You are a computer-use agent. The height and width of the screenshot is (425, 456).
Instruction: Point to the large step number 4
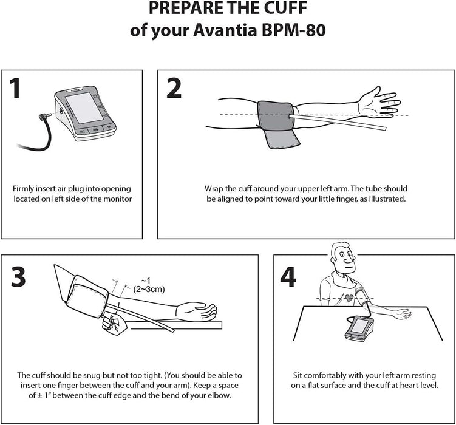(288, 277)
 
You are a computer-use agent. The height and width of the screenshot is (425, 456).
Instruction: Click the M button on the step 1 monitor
(107, 127)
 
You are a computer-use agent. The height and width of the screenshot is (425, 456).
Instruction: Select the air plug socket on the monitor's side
(60, 112)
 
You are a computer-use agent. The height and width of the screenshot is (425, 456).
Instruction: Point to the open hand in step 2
(379, 101)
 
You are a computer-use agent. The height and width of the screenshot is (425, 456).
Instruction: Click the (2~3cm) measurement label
(148, 289)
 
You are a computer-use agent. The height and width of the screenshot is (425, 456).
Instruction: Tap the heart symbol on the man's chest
(349, 299)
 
